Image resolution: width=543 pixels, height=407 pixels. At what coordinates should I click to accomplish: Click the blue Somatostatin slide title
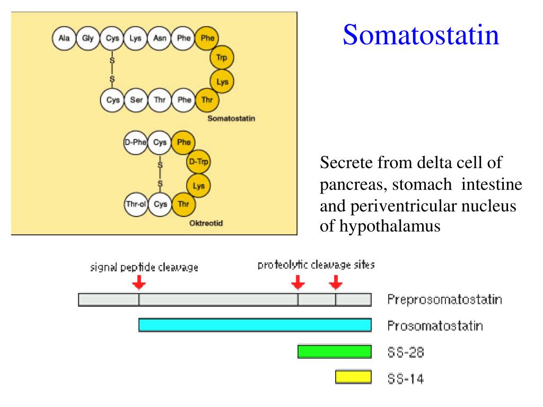(x=421, y=36)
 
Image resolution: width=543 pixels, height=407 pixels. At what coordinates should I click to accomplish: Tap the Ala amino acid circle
(x=64, y=38)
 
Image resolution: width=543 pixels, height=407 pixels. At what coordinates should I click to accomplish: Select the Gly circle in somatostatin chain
(x=88, y=38)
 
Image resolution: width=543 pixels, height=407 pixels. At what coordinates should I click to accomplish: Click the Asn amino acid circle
(x=160, y=38)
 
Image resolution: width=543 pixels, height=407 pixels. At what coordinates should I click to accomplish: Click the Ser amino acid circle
(x=136, y=99)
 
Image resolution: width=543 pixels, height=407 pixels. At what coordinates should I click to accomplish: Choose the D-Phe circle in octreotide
(x=135, y=143)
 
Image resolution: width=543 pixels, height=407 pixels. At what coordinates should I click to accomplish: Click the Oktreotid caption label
(x=206, y=223)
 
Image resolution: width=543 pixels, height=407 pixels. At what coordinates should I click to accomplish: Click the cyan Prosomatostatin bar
(x=255, y=325)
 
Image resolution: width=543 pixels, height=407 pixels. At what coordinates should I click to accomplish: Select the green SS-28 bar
(x=334, y=351)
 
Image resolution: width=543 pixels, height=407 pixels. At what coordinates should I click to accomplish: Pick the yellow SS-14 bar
(x=353, y=377)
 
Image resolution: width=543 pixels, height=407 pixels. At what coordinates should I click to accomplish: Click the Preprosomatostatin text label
(x=444, y=300)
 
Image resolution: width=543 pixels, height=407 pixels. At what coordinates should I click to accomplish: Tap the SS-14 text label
(x=406, y=379)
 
